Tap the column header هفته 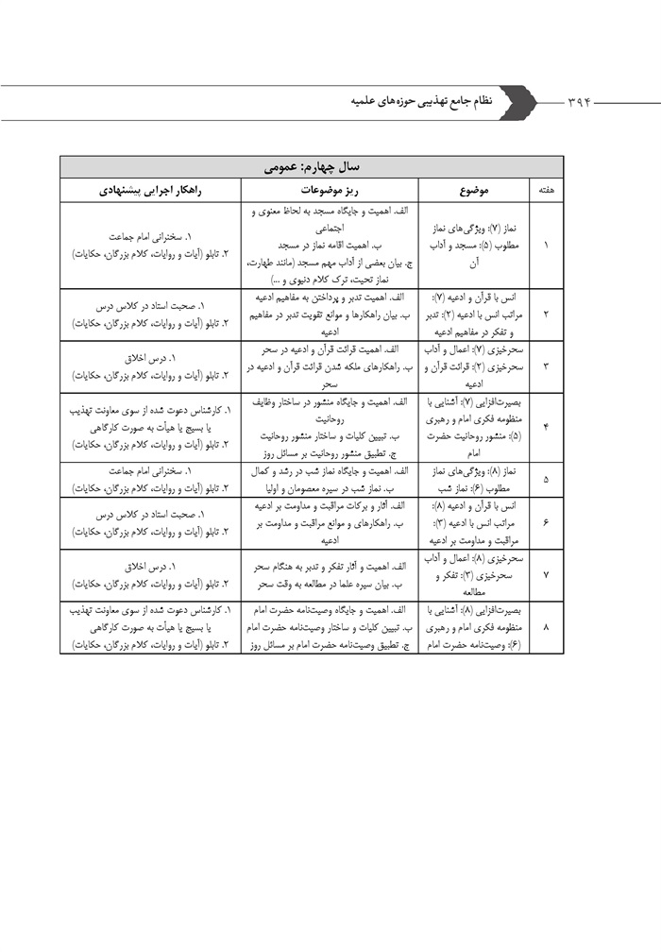(546, 190)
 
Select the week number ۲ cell (547, 314)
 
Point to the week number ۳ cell (547, 365)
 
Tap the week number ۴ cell (547, 426)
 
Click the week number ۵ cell (547, 479)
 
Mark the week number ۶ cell (547, 522)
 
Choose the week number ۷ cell (547, 573)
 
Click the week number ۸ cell (547, 624)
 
